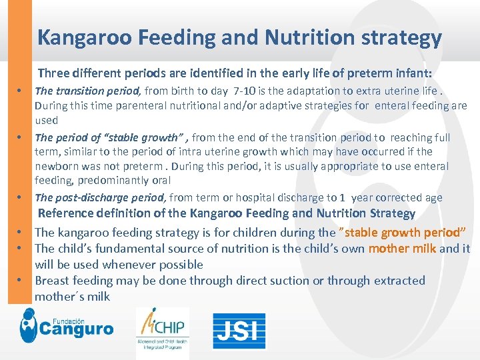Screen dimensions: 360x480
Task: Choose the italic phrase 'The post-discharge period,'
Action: click(101, 197)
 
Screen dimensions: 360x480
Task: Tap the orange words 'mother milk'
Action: click(402, 249)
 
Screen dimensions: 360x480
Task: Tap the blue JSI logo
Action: click(239, 331)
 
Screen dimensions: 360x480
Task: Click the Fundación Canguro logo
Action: click(67, 327)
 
